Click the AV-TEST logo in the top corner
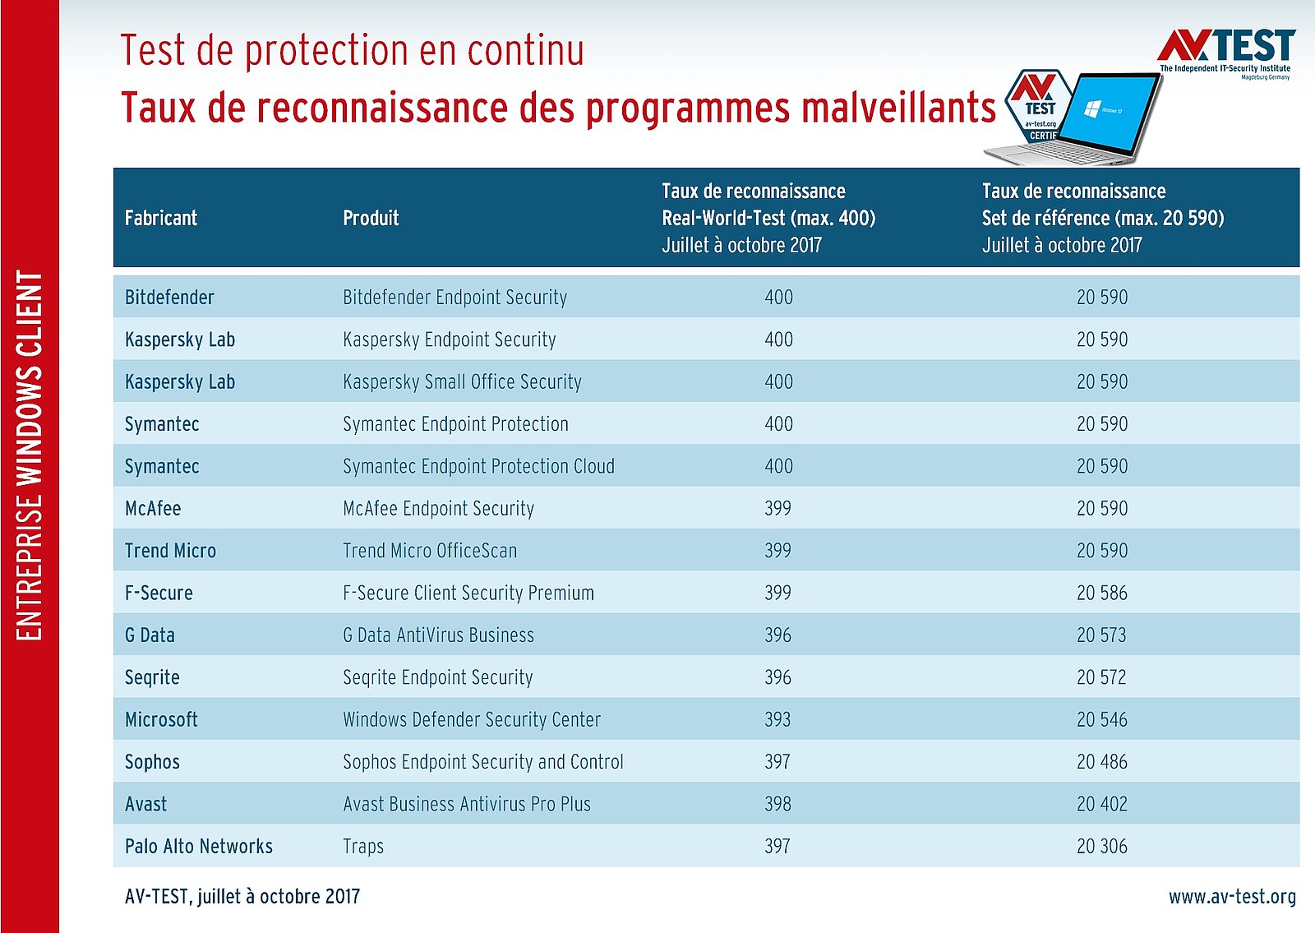pyautogui.click(x=1225, y=51)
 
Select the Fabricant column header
pyautogui.click(x=161, y=218)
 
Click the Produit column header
pyautogui.click(x=371, y=218)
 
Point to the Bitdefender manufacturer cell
pyautogui.click(x=169, y=298)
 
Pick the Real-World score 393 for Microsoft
pyautogui.click(x=777, y=720)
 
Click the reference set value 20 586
pyautogui.click(x=1102, y=594)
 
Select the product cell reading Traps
pyautogui.click(x=363, y=847)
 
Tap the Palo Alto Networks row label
pyautogui.click(x=199, y=847)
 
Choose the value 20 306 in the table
pyautogui.click(x=1102, y=847)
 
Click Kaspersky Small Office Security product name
pyautogui.click(x=462, y=382)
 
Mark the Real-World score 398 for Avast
pyautogui.click(x=777, y=804)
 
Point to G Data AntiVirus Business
pyautogui.click(x=438, y=635)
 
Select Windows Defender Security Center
pyautogui.click(x=472, y=720)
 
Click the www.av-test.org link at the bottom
pyautogui.click(x=1232, y=897)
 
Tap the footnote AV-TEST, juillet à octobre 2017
pyautogui.click(x=242, y=897)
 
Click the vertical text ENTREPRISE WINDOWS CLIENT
pyautogui.click(x=30, y=456)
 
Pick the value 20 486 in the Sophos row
pyautogui.click(x=1102, y=762)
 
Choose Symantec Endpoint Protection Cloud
pyautogui.click(x=478, y=467)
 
